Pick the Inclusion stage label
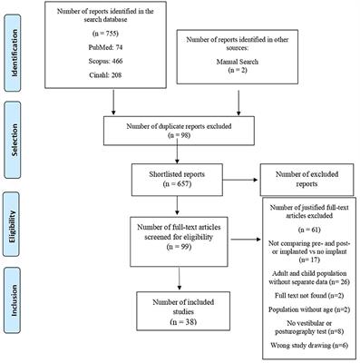[x=13, y=309]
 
